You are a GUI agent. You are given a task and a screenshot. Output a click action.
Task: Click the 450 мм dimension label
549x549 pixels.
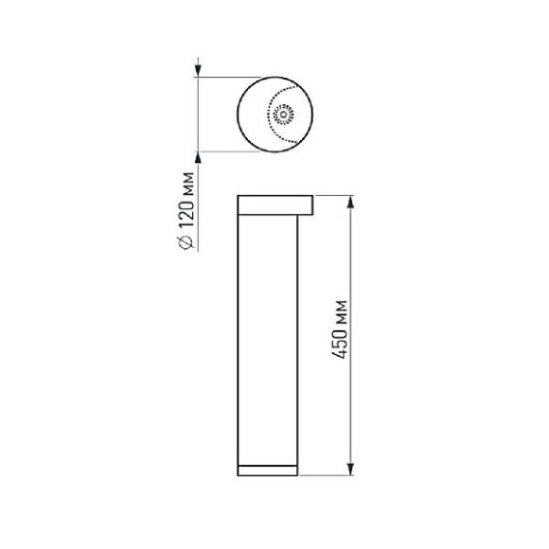click(x=340, y=329)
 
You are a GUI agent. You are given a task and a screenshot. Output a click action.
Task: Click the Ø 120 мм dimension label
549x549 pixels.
click(x=186, y=210)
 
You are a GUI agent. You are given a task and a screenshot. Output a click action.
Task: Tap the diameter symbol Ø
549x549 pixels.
click(x=186, y=242)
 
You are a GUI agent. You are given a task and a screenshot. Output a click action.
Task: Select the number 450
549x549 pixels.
click(x=340, y=345)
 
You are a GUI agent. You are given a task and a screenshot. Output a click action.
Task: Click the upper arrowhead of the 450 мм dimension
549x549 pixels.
click(x=350, y=202)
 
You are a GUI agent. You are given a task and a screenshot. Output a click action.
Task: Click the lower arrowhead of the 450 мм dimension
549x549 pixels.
click(x=350, y=469)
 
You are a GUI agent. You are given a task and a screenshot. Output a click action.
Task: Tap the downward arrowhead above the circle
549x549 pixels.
click(x=198, y=70)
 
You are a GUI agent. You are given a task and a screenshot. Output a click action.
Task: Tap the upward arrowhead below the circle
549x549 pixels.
click(x=198, y=158)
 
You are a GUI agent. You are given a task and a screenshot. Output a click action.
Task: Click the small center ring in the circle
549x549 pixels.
click(x=283, y=115)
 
